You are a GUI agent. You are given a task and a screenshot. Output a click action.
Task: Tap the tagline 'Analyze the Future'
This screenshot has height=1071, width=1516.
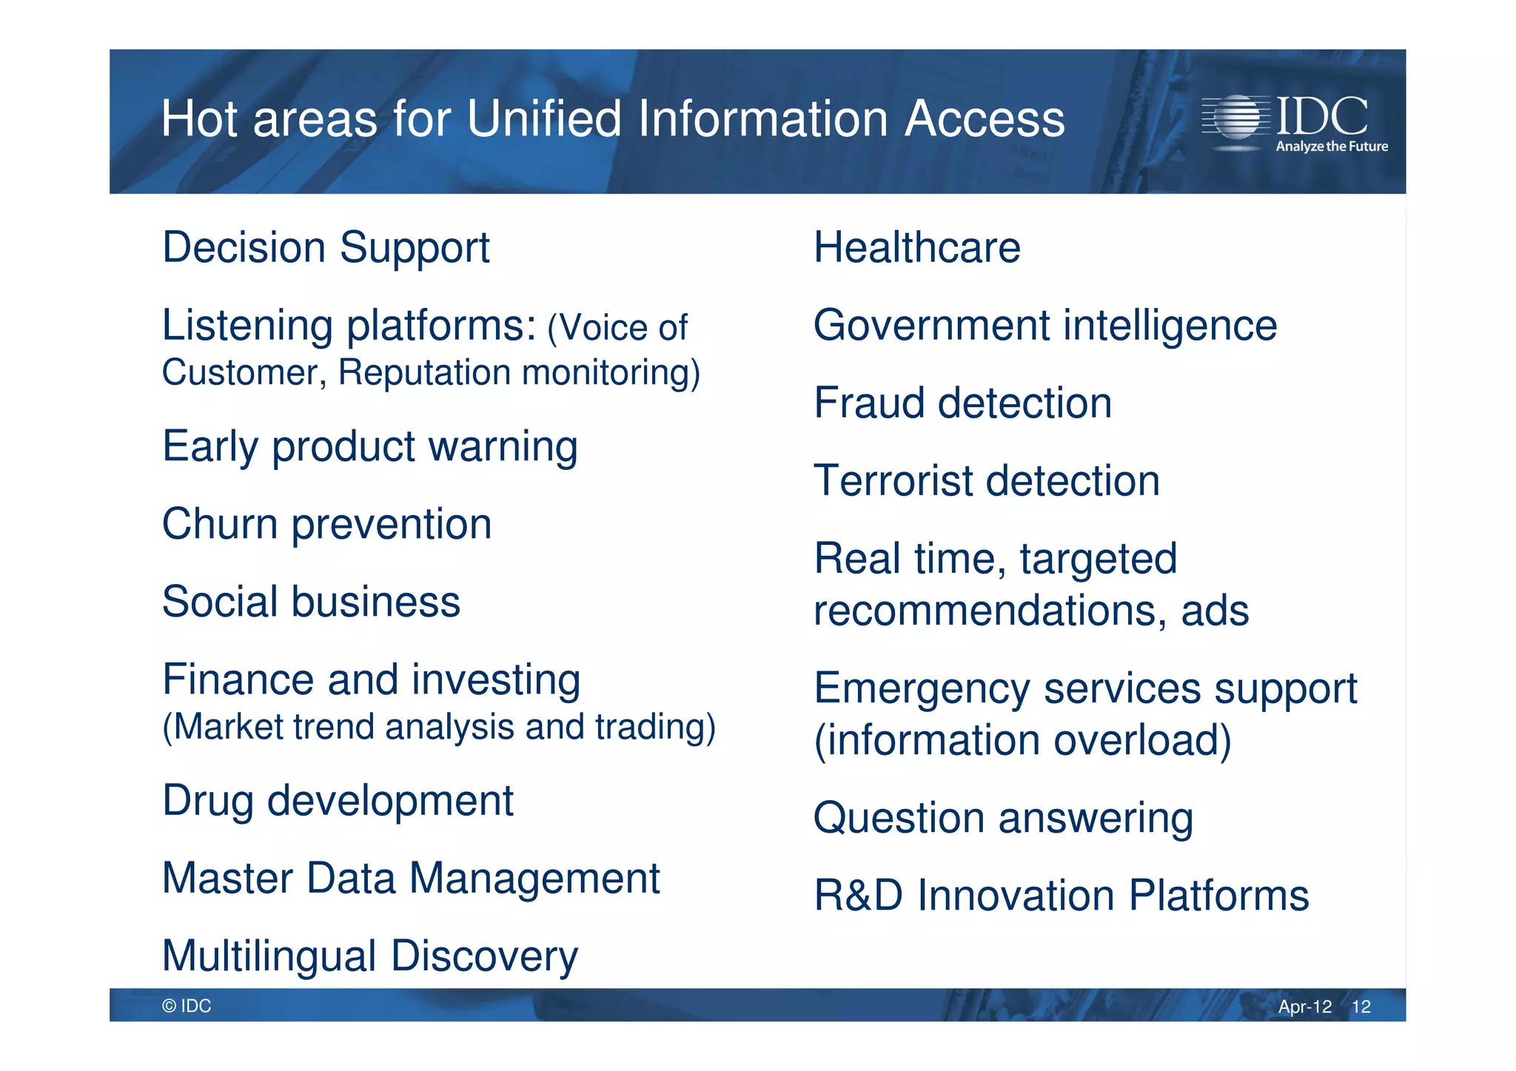1331,147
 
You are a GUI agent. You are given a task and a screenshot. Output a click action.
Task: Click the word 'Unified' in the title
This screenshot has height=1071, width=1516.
543,119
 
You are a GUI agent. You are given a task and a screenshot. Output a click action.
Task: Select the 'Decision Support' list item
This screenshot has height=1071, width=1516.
326,247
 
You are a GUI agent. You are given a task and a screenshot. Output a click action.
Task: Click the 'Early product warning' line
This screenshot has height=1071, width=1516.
369,447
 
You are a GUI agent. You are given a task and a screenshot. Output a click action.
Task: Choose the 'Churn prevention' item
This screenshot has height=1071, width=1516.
326,525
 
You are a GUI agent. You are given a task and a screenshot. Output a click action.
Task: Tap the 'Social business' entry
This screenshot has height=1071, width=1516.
311,602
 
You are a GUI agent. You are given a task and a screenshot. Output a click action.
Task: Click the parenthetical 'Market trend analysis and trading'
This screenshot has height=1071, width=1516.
439,728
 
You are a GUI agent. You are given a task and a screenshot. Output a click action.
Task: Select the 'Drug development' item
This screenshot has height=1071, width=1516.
338,802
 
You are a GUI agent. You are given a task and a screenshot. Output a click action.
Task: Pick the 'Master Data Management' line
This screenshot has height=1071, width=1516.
411,879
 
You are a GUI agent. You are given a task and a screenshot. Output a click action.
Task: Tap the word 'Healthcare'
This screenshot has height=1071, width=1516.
916,247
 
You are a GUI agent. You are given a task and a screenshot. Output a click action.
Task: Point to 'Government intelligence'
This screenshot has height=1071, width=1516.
1044,326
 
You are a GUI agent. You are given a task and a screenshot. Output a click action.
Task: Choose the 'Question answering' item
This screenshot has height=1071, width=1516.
1003,819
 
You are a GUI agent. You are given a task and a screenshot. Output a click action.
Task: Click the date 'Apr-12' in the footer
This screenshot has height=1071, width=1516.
1304,1007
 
